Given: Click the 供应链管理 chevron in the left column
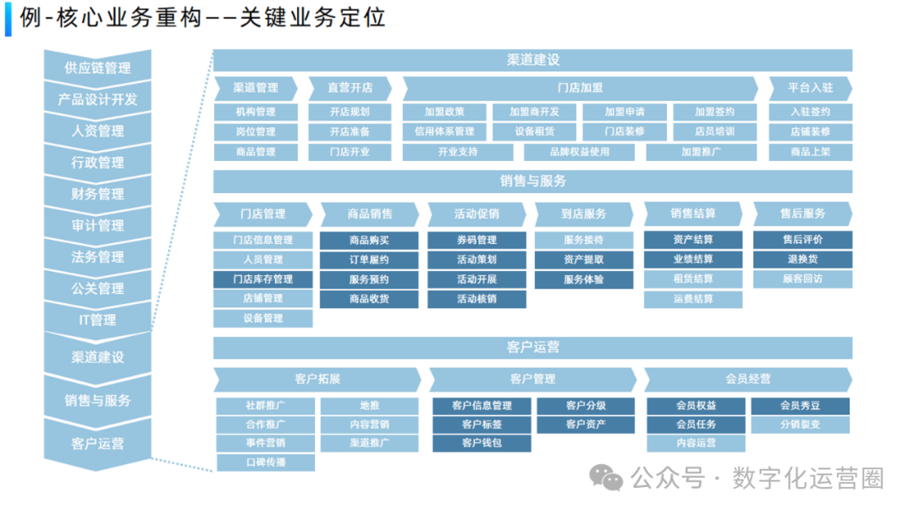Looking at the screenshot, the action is (97, 68).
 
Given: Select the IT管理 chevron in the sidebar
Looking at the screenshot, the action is (97, 320).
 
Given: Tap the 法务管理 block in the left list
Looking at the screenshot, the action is (97, 257).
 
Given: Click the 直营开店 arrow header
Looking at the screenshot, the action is (350, 87).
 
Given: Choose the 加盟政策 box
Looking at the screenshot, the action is (444, 112).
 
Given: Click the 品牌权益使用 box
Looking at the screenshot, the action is (579, 152).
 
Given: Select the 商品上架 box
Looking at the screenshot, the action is (810, 152).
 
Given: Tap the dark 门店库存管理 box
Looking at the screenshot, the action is (262, 280).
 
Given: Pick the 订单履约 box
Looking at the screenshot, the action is (369, 260).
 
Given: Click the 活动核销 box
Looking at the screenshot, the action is (476, 299).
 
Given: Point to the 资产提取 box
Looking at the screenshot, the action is (584, 260).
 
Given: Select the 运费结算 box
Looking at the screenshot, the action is (693, 299).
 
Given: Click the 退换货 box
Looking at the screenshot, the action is (802, 260).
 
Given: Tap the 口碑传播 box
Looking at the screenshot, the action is (266, 462).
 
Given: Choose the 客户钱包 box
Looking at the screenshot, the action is (482, 443).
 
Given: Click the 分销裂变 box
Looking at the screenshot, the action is (800, 424).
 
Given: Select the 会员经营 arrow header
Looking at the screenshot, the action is (748, 379).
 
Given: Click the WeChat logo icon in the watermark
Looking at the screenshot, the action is (606, 479).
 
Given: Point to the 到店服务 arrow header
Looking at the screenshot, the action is (584, 214).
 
